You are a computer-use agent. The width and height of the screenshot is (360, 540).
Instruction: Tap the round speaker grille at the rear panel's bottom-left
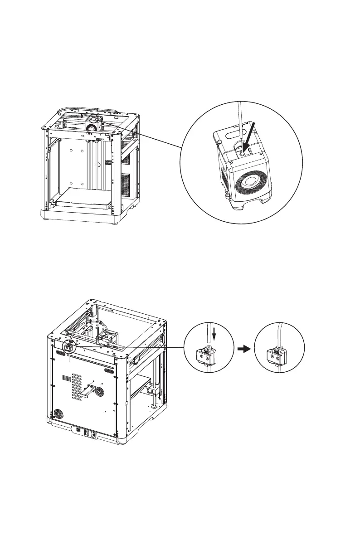point(58,414)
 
